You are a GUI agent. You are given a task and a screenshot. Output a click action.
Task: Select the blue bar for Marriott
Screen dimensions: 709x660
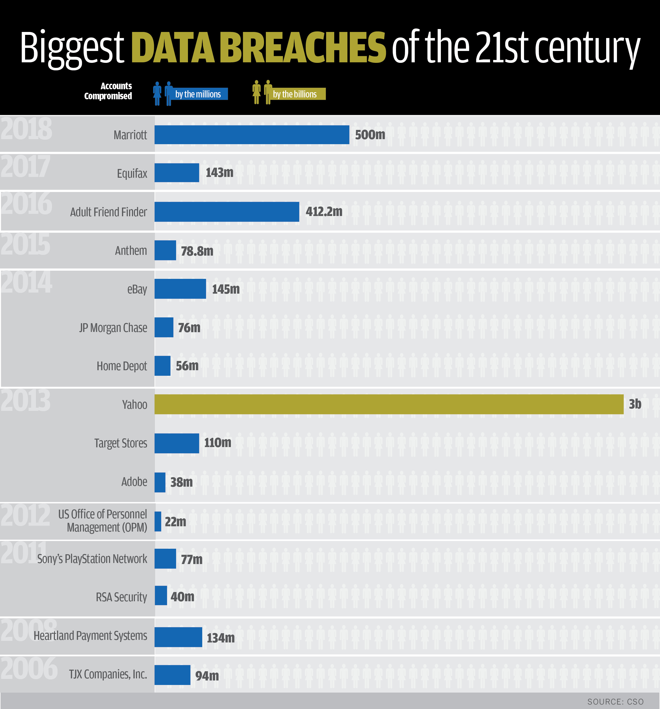point(252,135)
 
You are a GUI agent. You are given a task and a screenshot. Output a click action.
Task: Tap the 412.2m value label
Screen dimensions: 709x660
point(324,212)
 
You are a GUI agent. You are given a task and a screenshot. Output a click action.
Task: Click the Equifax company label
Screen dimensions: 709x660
point(132,173)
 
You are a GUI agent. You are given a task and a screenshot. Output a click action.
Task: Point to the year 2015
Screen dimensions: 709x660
point(25,245)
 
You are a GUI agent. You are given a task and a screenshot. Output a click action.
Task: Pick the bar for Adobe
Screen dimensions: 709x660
point(160,482)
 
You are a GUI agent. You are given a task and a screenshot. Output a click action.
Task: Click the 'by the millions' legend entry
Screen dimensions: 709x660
point(198,94)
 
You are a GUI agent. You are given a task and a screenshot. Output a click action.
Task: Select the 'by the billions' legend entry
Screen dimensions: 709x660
point(295,94)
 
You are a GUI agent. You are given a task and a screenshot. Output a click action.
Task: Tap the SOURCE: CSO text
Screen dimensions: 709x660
point(615,702)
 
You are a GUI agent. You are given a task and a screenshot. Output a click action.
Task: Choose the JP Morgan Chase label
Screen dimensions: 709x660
point(113,327)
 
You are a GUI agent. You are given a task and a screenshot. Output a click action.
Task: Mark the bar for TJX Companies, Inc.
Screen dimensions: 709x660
point(172,675)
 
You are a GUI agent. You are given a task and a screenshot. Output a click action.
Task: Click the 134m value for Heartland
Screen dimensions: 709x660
point(221,638)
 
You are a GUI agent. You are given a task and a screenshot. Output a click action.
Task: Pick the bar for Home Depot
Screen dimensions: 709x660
point(162,365)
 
